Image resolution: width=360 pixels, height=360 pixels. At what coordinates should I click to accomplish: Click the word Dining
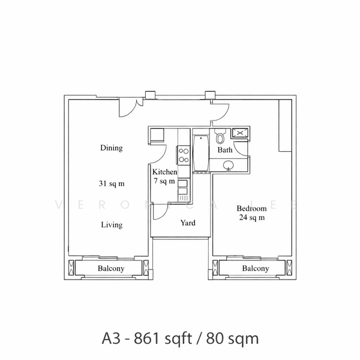tap(112, 148)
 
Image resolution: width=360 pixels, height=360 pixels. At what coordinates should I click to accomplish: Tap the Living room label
tap(112, 225)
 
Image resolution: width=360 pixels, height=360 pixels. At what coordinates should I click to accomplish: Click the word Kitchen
tap(164, 172)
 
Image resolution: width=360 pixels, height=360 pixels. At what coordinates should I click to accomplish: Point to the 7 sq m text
tap(164, 181)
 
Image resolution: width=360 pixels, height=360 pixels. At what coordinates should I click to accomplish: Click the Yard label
tap(188, 223)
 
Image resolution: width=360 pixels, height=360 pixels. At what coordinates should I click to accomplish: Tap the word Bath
tap(225, 150)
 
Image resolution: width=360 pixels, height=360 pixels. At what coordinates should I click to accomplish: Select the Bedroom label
tap(251, 208)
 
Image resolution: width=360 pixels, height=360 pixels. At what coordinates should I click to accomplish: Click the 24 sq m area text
tap(251, 217)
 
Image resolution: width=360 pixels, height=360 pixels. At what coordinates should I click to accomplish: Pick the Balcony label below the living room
tap(111, 269)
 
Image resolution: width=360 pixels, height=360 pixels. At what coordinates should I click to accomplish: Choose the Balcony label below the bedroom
tap(256, 269)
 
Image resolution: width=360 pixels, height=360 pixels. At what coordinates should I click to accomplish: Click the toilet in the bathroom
tap(220, 136)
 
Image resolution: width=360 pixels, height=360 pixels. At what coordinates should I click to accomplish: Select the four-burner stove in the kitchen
tap(183, 155)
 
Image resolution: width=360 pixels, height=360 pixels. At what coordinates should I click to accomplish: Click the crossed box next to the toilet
tap(239, 133)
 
